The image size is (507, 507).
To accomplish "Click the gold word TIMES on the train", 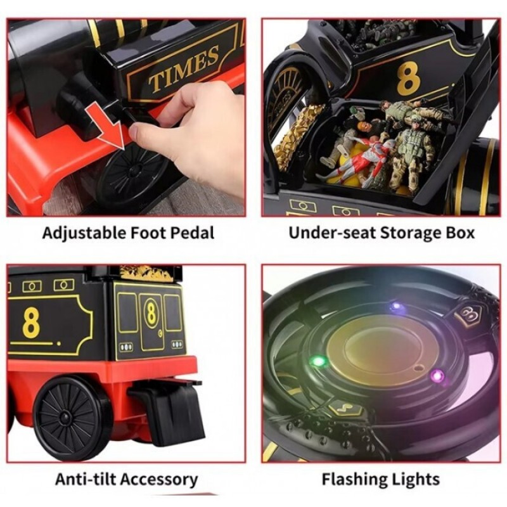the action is point(184,68).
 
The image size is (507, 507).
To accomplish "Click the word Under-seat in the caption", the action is point(331,233).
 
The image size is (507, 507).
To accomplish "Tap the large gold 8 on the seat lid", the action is point(408,79).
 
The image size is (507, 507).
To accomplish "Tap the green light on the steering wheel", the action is point(319,361).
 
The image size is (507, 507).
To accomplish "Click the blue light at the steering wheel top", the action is point(395,306).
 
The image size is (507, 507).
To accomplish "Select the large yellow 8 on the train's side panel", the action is point(31,322).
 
